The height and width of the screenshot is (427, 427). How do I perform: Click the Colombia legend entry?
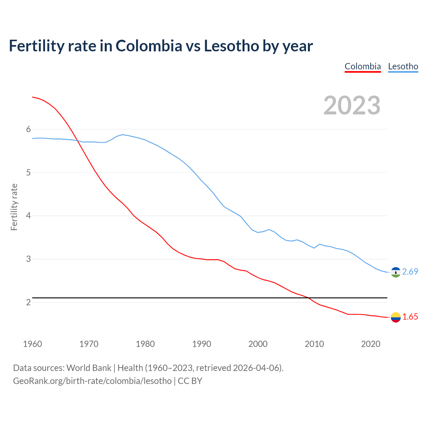[x=363, y=66]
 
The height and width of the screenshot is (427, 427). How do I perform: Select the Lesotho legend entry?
[x=403, y=66]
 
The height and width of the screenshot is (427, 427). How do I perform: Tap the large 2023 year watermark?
[x=352, y=105]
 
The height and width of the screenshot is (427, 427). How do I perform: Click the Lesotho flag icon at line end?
[x=396, y=272]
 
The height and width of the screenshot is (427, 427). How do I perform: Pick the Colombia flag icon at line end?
[x=396, y=317]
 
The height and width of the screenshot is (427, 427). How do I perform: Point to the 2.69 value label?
[x=410, y=272]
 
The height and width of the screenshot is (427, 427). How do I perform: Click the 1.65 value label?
[x=410, y=317]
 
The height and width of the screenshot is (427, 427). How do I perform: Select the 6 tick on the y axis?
[x=28, y=129]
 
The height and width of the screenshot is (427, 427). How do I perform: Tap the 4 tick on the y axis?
[x=28, y=216]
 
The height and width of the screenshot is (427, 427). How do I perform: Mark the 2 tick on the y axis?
[x=28, y=302]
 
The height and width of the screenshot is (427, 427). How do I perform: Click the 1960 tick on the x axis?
[x=32, y=344]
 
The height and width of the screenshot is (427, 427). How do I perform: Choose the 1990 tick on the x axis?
[x=201, y=344]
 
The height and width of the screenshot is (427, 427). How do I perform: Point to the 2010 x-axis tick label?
[x=314, y=344]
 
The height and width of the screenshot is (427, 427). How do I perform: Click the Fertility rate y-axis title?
[x=14, y=207]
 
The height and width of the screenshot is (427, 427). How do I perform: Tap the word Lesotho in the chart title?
[x=232, y=46]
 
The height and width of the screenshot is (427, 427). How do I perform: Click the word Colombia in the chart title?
[x=149, y=46]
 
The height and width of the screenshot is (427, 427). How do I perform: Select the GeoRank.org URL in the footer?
[x=92, y=381]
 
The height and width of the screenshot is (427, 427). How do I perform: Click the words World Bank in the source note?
[x=89, y=368]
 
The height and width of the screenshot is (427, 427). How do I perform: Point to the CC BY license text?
[x=190, y=381]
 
